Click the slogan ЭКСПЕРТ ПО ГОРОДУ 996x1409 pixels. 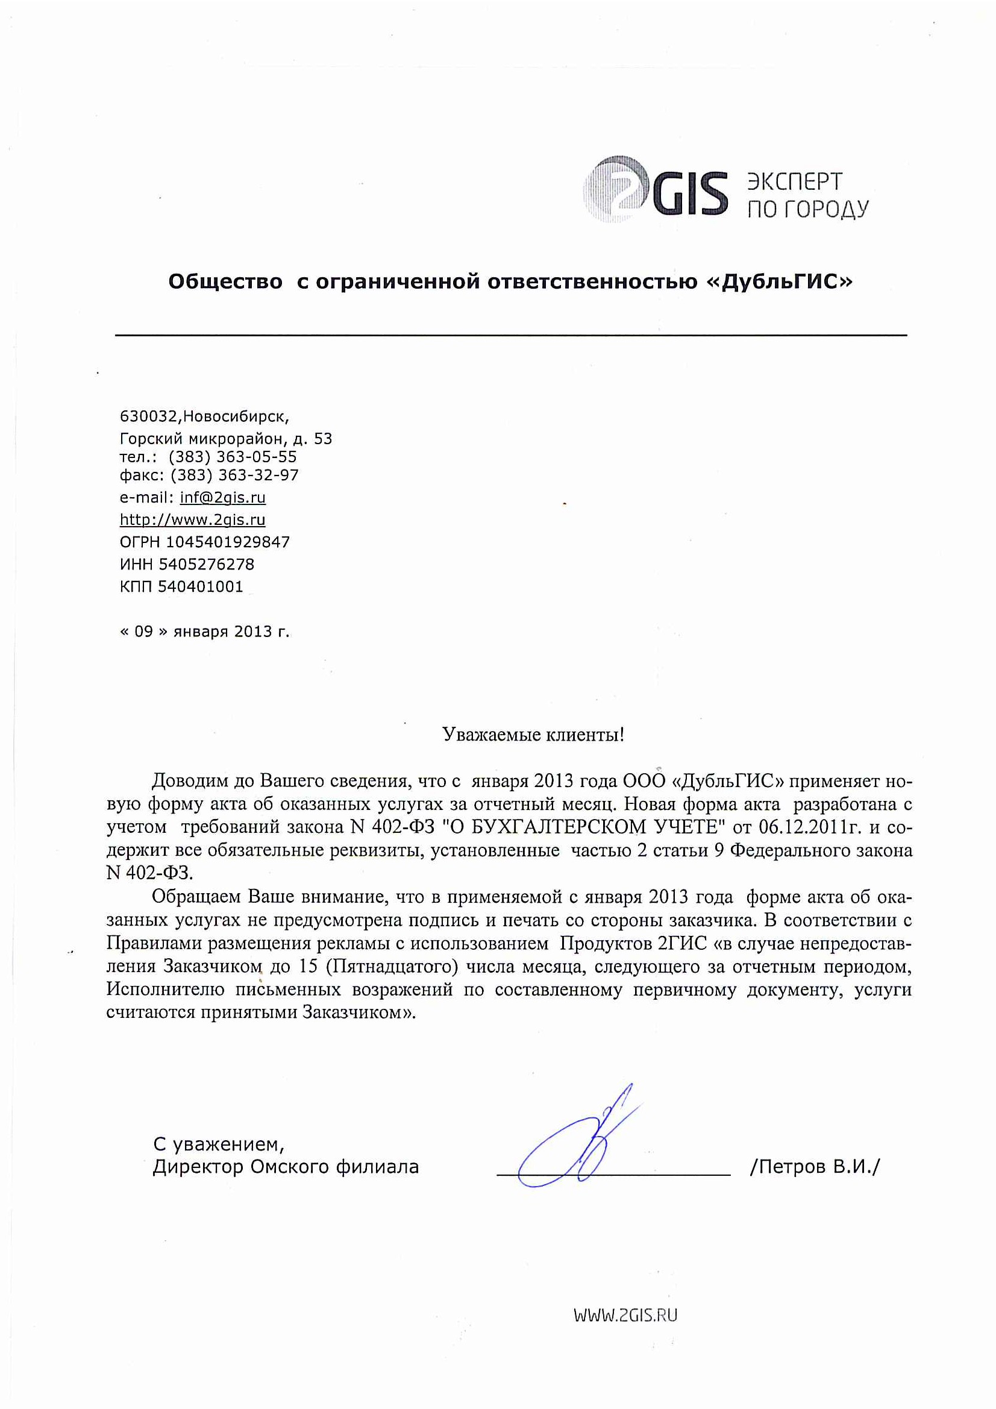[x=807, y=195]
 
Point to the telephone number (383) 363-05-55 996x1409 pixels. [x=233, y=457]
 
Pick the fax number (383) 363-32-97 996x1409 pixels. [x=234, y=475]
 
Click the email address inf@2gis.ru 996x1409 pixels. [x=222, y=498]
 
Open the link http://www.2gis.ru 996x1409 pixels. [x=192, y=519]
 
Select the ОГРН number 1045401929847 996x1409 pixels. [x=228, y=542]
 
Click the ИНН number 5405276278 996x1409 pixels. [x=206, y=564]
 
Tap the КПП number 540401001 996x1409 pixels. [x=200, y=586]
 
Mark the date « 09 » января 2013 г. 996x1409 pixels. [x=204, y=632]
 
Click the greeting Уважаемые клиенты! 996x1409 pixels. [x=533, y=735]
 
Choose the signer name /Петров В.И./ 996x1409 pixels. [x=815, y=1167]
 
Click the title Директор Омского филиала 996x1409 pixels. [x=286, y=1167]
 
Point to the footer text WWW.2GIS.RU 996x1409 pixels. [x=625, y=1315]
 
